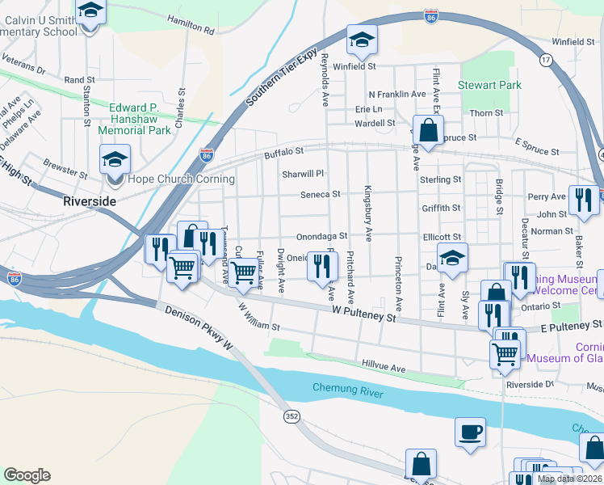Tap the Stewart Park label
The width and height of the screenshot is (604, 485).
[x=489, y=85]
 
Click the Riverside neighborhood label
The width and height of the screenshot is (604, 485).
[x=90, y=200]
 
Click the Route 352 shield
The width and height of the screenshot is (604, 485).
[x=292, y=415]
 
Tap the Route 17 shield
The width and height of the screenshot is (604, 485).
[x=547, y=61]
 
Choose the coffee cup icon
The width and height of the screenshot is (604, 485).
[x=470, y=430]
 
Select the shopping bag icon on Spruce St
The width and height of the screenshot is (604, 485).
[x=428, y=128]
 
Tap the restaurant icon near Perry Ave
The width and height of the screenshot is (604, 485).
[x=582, y=200]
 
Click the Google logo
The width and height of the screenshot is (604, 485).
[x=27, y=474]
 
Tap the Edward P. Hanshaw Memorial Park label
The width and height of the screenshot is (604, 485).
[x=134, y=118]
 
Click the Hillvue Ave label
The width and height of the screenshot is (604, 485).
[x=384, y=367]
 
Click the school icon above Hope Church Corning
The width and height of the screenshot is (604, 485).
[x=115, y=158]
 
